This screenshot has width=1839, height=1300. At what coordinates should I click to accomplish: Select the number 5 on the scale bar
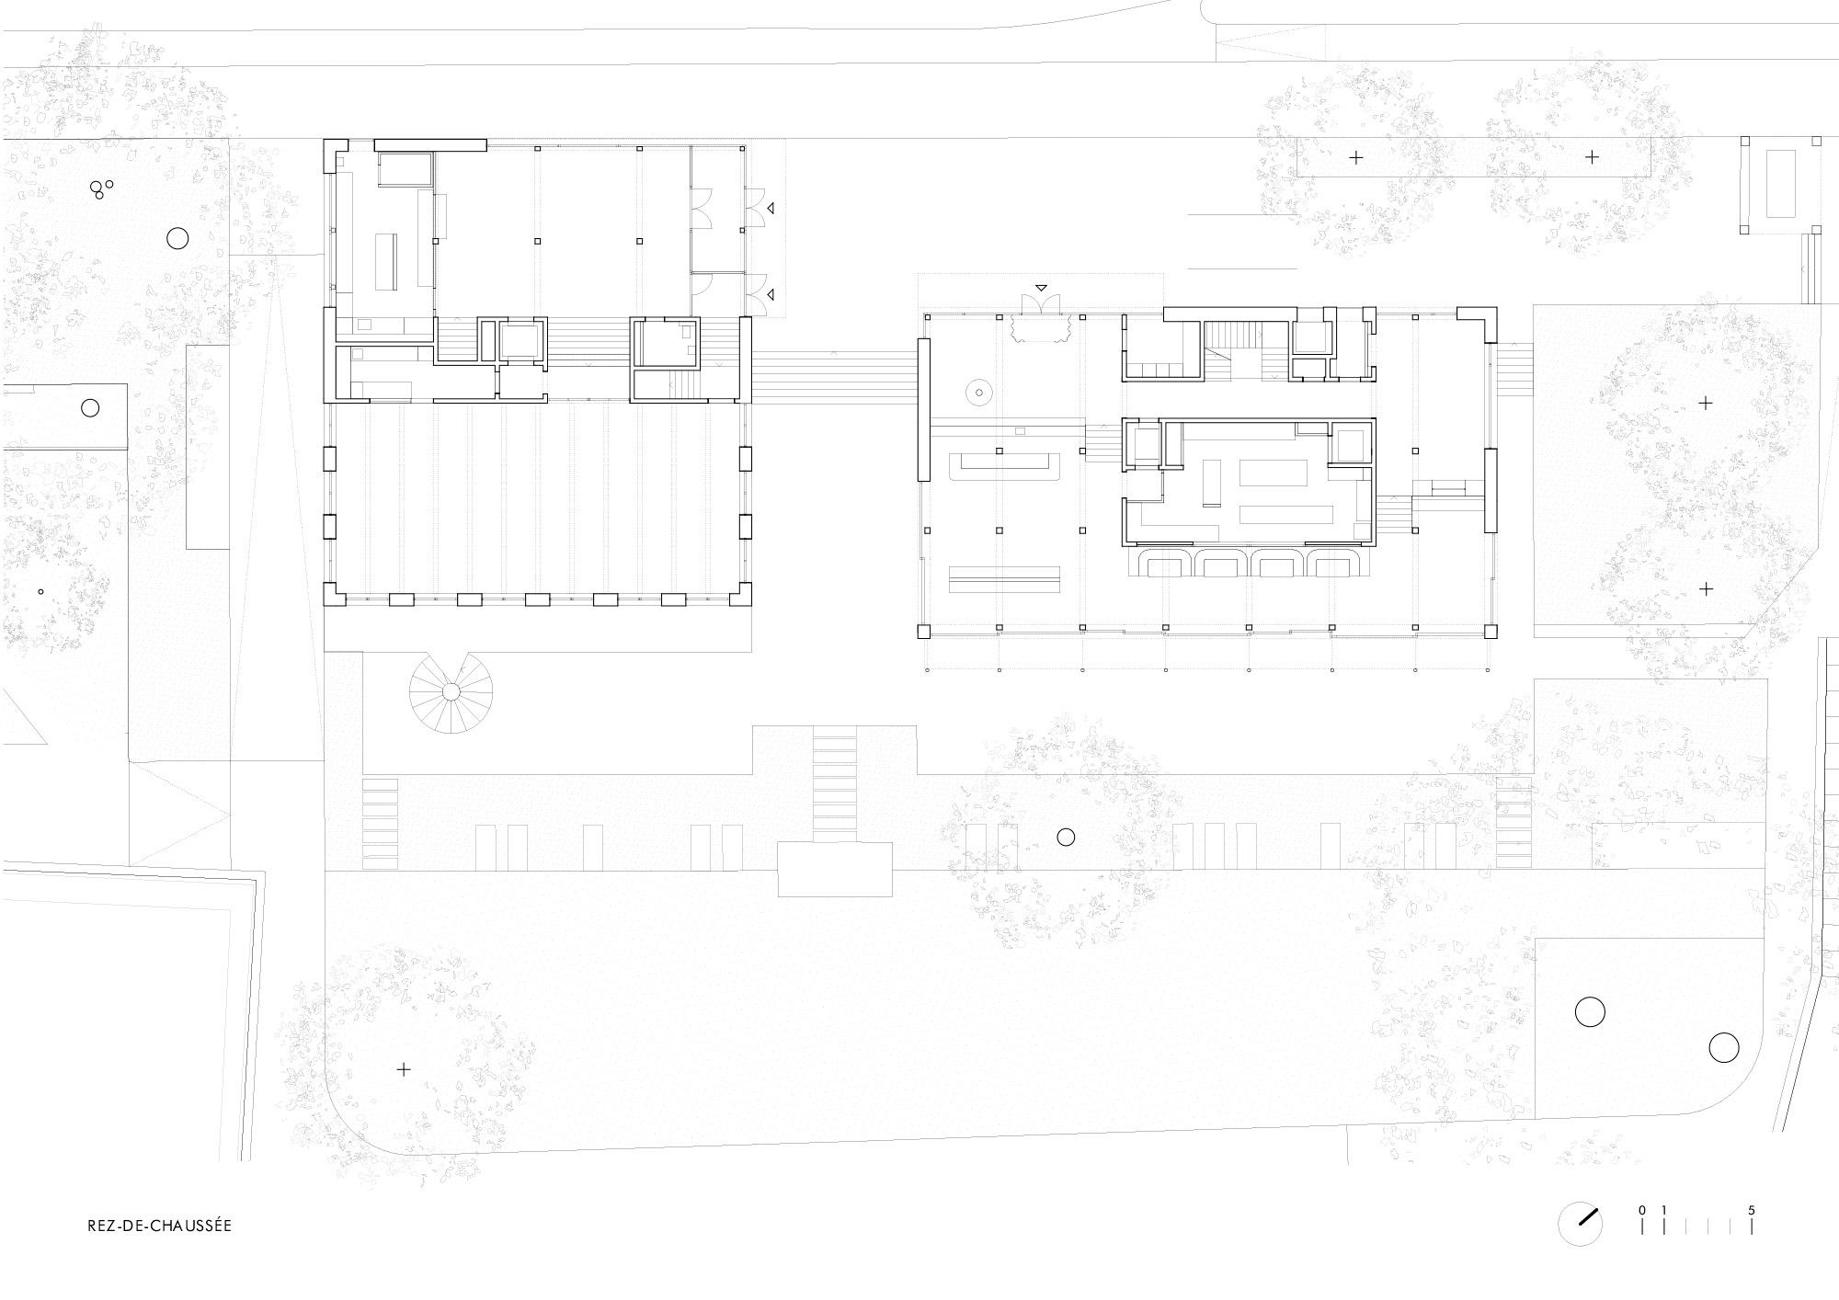point(1752,1211)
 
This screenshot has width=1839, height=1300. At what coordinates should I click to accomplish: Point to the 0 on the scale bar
point(1642,1211)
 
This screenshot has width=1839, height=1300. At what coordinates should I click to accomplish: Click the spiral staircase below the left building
point(451,691)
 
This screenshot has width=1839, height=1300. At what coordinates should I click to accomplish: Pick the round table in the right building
point(979,393)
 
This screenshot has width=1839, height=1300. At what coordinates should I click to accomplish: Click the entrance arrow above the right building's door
point(1042,288)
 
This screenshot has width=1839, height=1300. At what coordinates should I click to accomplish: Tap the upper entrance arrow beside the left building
point(771,209)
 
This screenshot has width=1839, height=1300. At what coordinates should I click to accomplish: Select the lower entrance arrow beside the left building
point(771,294)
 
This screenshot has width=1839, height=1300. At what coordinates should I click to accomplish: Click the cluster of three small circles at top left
point(99,188)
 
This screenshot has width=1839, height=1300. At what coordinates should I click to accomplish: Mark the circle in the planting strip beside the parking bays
point(1066,837)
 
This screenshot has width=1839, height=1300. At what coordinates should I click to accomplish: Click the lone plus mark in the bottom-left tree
point(403,1069)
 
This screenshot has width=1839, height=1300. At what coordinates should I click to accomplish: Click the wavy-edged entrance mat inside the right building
point(1042,327)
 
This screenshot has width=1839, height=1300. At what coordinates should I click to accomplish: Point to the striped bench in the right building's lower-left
point(1004,579)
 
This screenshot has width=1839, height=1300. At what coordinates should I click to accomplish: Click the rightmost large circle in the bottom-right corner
point(1724,1048)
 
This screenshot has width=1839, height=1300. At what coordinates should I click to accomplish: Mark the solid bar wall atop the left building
point(430,144)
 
